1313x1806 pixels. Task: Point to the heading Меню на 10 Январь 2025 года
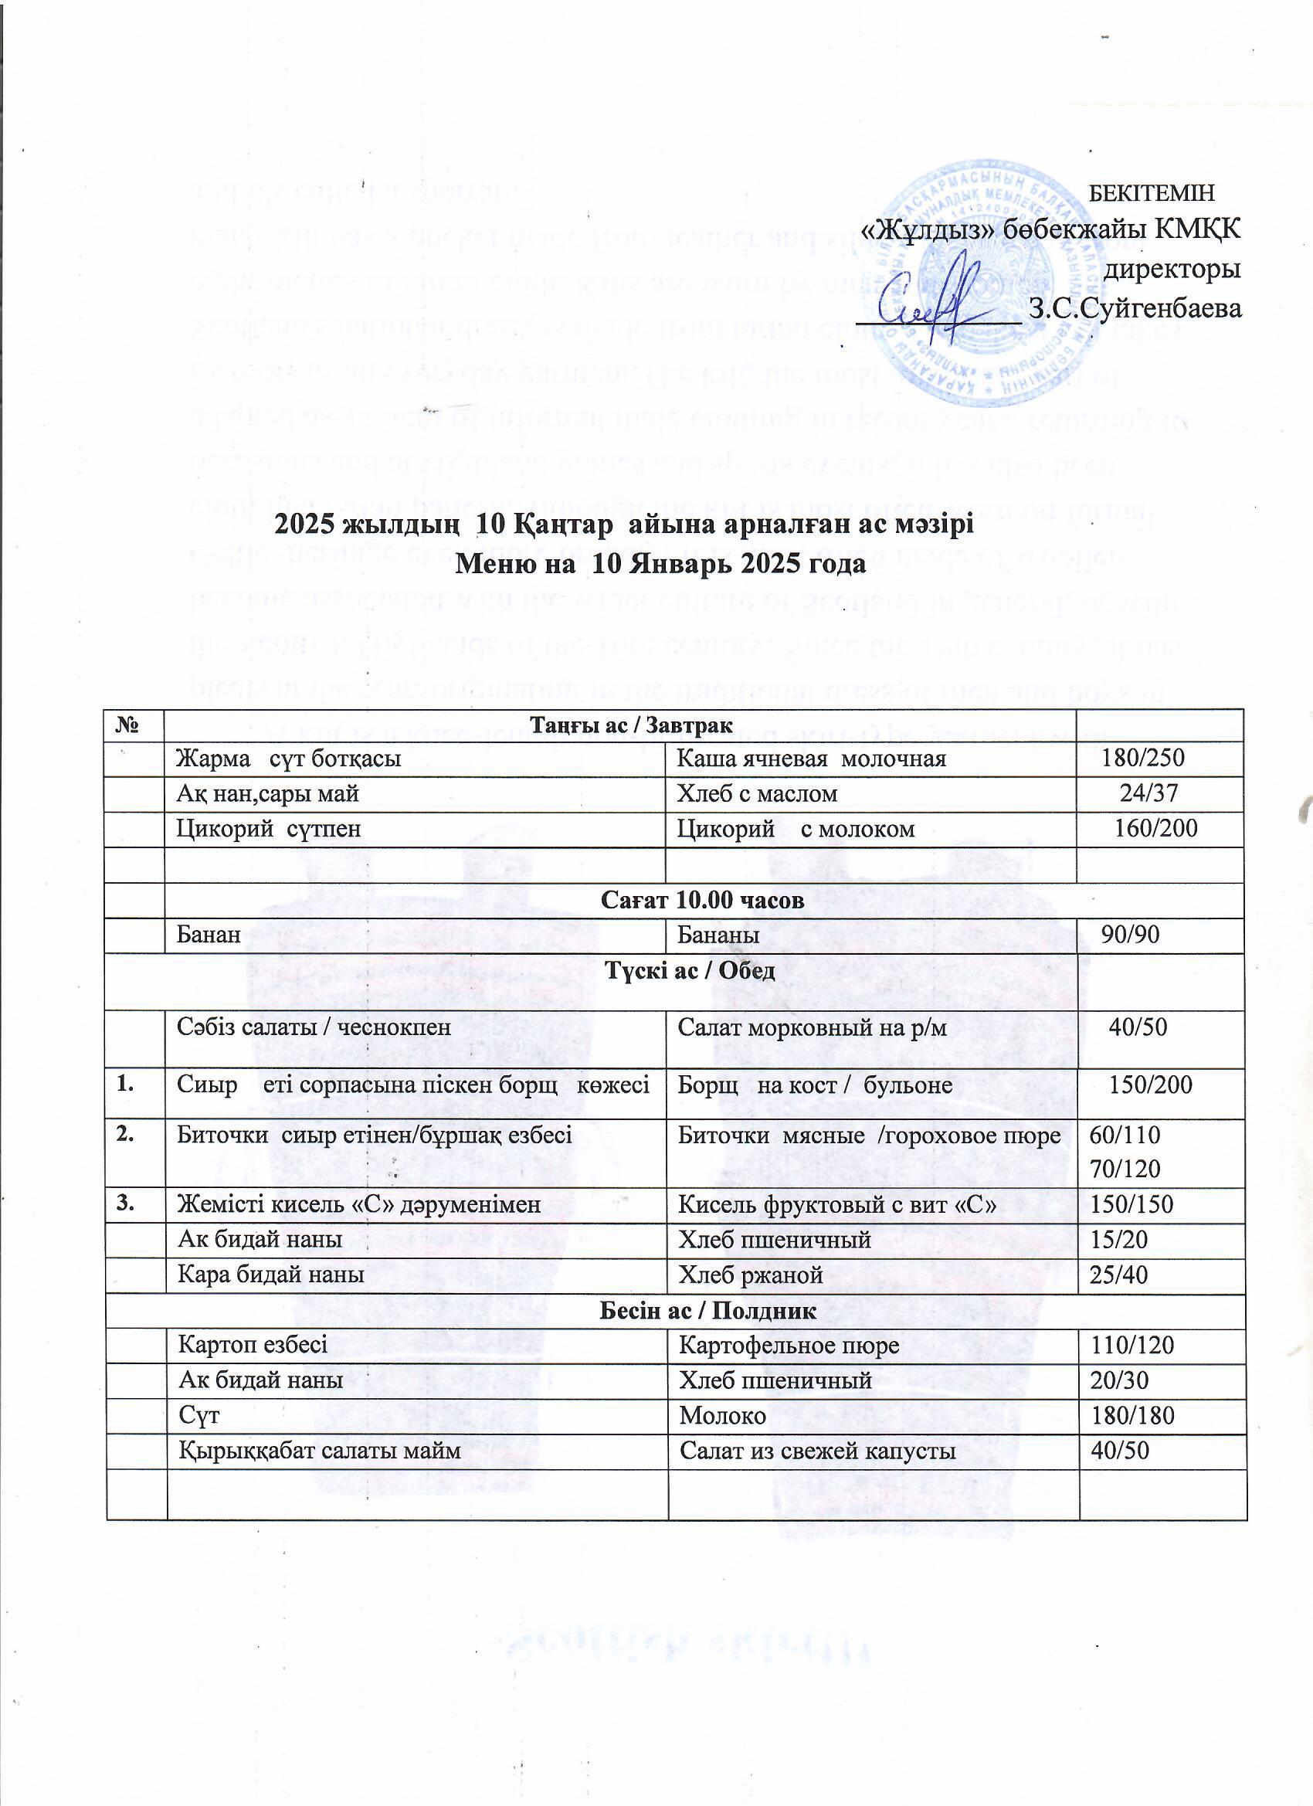coord(660,565)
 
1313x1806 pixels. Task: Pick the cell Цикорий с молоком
coord(796,829)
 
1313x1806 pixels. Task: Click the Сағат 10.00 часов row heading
coord(701,901)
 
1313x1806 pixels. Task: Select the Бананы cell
coord(718,935)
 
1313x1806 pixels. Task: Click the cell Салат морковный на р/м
coord(813,1027)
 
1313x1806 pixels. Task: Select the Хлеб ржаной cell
coord(750,1275)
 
